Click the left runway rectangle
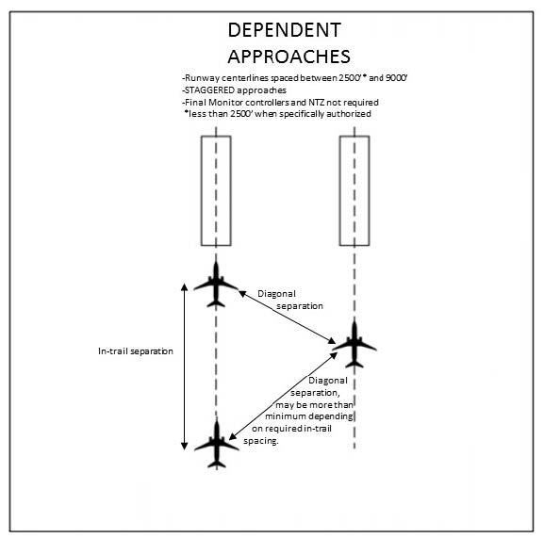tap(216, 190)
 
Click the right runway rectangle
tap(354, 190)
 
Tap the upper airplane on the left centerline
tap(216, 285)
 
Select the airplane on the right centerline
tap(354, 345)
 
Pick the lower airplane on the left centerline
tap(217, 444)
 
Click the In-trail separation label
tap(136, 351)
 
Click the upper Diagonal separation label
tap(290, 300)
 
